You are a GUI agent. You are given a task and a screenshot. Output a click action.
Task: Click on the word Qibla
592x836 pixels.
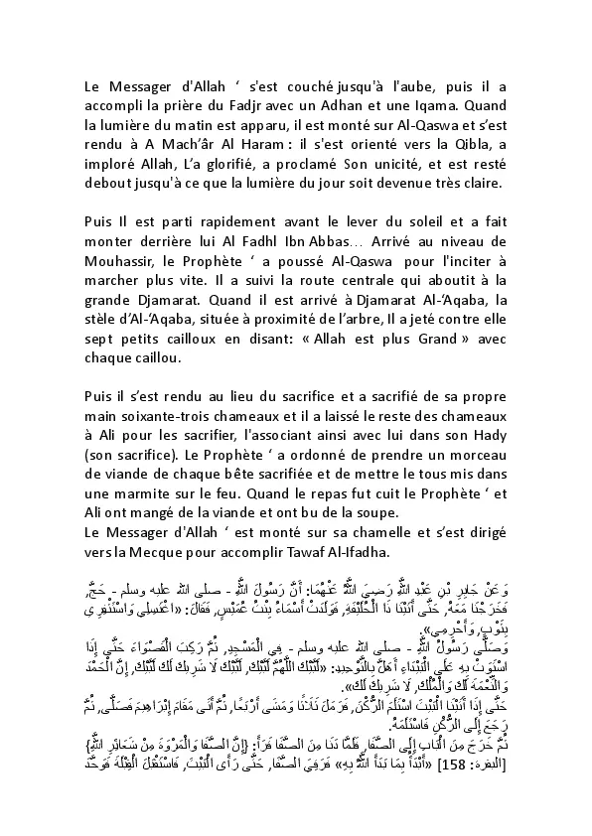[475, 148]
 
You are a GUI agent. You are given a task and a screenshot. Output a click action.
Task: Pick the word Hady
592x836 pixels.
[490, 457]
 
